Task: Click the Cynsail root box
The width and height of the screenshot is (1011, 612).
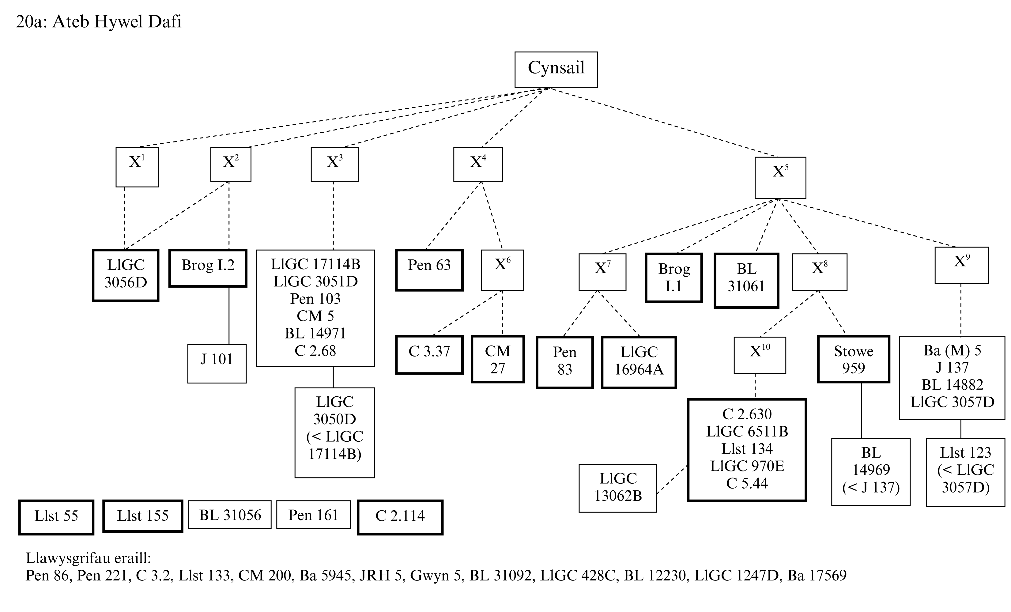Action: pos(556,69)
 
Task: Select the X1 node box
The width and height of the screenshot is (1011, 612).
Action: pos(137,167)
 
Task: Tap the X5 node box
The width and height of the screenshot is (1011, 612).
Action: pos(780,177)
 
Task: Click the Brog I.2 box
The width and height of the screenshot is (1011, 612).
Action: pos(208,268)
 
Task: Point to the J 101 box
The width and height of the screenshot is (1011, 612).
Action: pos(217,363)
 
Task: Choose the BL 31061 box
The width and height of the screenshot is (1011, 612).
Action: pos(746,280)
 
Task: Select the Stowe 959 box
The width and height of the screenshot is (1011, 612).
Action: pos(854,359)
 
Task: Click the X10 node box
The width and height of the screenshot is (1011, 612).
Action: pos(760,355)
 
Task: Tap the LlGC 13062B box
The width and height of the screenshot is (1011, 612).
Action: pos(617,488)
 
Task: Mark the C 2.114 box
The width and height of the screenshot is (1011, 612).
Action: pos(400,517)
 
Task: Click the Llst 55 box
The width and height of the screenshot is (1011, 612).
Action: pos(56,517)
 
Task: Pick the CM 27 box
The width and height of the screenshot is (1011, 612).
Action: pos(498,359)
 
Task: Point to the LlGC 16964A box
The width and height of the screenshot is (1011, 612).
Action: pos(639,362)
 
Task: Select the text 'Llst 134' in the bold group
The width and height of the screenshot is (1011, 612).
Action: pos(747,449)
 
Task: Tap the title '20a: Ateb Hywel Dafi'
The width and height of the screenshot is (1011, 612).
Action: pos(99,21)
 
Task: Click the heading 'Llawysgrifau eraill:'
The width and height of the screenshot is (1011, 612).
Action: pos(88,558)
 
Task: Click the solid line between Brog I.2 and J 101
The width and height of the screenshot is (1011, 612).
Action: pos(229,316)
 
